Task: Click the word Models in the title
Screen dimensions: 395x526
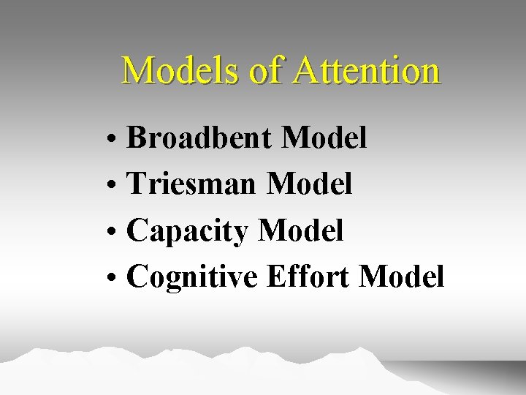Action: [176, 71]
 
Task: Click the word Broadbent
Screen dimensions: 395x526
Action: [199, 137]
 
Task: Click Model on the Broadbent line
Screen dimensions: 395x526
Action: [324, 137]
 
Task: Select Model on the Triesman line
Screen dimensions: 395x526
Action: [310, 184]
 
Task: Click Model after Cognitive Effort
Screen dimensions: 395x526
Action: [402, 277]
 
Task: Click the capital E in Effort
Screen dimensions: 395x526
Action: [276, 277]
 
